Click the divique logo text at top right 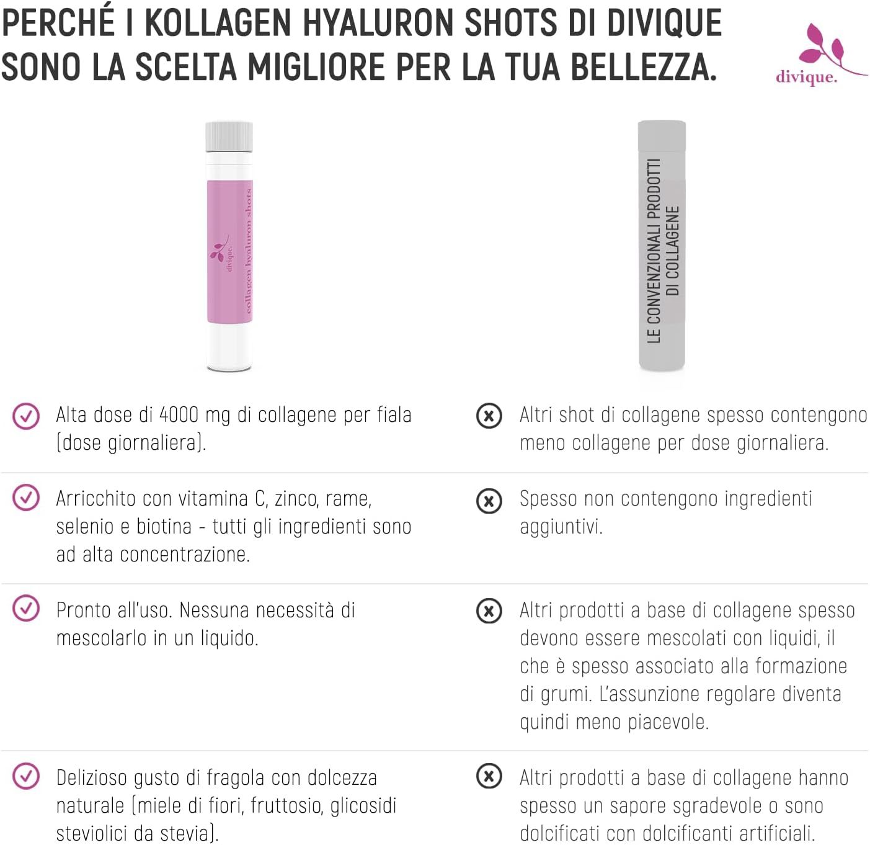pyautogui.click(x=806, y=77)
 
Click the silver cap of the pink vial pyautogui.click(x=229, y=136)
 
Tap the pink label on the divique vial pyautogui.click(x=229, y=251)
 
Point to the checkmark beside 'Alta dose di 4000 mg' pyautogui.click(x=26, y=416)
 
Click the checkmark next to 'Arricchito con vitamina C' pyautogui.click(x=26, y=498)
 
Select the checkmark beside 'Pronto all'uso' pyautogui.click(x=26, y=609)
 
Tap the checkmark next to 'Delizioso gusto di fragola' pyautogui.click(x=26, y=777)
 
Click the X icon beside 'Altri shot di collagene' pyautogui.click(x=489, y=416)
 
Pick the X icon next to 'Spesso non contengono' pyautogui.click(x=489, y=500)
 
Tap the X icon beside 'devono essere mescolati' pyautogui.click(x=489, y=611)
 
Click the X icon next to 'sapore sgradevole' pyautogui.click(x=489, y=776)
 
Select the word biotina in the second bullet pyautogui.click(x=164, y=527)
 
